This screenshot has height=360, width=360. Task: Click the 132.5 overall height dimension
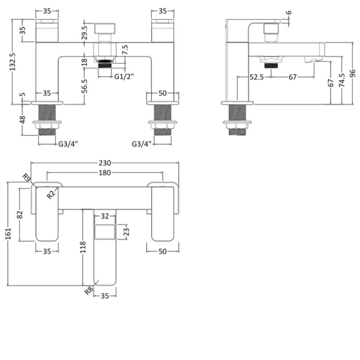pyautogui.click(x=14, y=61)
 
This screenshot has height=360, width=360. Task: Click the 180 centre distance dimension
pyautogui.click(x=105, y=174)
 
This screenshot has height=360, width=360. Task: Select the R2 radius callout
pyautogui.click(x=51, y=194)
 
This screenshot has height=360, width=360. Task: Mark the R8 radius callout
pyautogui.click(x=89, y=290)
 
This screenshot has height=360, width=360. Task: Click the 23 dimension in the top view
pyautogui.click(x=126, y=232)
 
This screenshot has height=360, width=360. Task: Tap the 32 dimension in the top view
pyautogui.click(x=105, y=216)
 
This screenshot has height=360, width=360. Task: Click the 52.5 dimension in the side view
pyautogui.click(x=256, y=77)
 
